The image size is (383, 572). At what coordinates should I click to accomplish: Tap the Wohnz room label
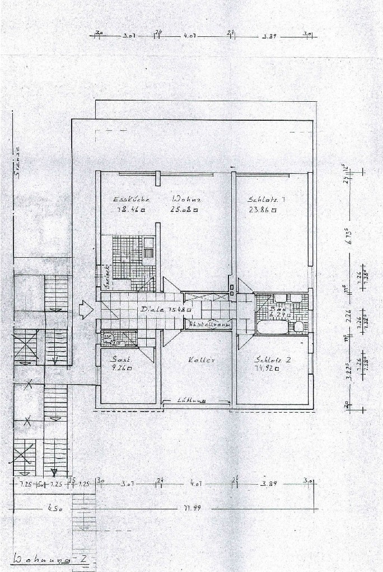tap(187, 198)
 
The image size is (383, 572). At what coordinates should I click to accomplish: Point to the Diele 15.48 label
tap(166, 309)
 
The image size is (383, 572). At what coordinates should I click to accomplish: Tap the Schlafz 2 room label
tap(273, 360)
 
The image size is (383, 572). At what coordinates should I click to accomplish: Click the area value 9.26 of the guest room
tap(122, 368)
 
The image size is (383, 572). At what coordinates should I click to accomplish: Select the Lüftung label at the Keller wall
tap(191, 400)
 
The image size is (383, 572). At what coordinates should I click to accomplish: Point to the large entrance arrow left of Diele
tap(86, 309)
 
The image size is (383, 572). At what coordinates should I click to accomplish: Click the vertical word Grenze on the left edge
tap(17, 162)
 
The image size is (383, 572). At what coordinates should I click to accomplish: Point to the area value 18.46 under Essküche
tap(129, 210)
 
